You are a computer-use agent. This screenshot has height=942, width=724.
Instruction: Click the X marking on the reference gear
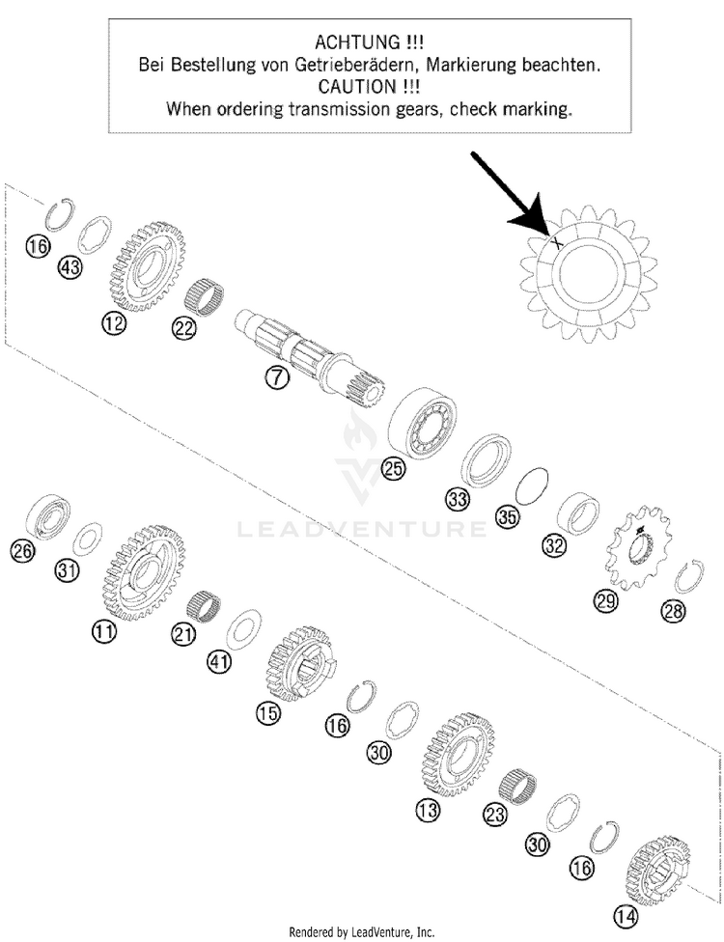point(556,243)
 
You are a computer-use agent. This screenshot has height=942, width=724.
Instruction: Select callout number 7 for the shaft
point(276,377)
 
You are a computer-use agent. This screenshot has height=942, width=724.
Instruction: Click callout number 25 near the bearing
point(393,468)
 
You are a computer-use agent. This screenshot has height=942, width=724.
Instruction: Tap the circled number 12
point(114,324)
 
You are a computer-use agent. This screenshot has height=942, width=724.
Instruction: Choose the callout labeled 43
point(70,267)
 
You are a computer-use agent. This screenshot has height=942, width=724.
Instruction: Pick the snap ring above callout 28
point(690,576)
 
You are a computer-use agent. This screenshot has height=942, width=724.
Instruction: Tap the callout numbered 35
point(508,516)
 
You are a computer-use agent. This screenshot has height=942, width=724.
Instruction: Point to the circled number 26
point(22,550)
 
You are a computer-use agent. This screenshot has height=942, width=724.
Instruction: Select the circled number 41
point(219,661)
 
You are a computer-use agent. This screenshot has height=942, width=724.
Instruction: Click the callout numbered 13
point(428,811)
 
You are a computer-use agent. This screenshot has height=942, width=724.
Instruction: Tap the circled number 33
point(458,499)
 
